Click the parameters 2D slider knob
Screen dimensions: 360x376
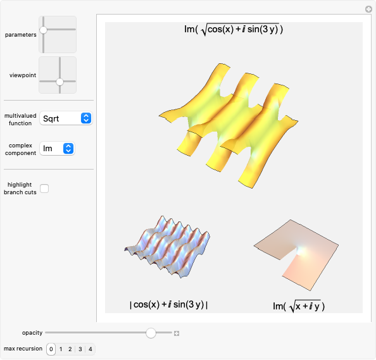tap(43, 30)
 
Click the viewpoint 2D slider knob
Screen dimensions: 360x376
tap(60, 82)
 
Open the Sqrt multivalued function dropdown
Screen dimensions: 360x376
tap(66, 118)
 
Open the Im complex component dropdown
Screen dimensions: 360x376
tap(57, 148)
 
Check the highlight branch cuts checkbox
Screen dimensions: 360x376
tap(44, 188)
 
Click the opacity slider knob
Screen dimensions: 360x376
tap(151, 333)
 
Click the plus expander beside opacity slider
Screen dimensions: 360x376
tap(177, 333)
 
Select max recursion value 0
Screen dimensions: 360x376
tap(51, 349)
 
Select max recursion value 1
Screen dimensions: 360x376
tap(61, 349)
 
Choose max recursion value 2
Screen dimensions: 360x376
tap(70, 349)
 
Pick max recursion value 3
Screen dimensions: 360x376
tap(80, 349)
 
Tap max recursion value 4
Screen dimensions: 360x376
tap(90, 349)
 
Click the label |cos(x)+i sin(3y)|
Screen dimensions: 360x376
tap(169, 304)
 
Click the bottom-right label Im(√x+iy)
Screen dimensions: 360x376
tap(298, 306)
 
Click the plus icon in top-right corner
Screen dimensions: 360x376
tap(368, 9)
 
